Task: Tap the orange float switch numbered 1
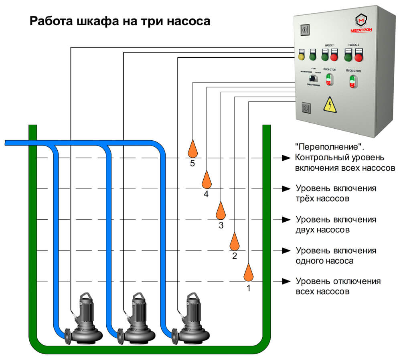(x=249, y=273)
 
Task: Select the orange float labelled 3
(x=221, y=210)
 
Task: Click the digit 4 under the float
(x=206, y=194)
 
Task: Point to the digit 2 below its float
(x=235, y=256)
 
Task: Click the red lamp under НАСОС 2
(x=359, y=58)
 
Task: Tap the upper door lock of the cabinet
(x=305, y=30)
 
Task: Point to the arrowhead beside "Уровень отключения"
(x=286, y=281)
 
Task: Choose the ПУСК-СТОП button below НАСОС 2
(x=352, y=81)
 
